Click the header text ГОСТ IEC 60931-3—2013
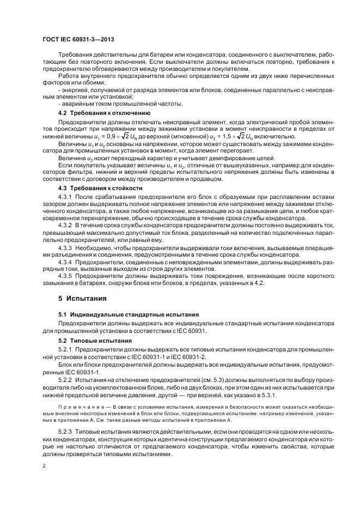(77, 40)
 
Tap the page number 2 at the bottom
(44, 466)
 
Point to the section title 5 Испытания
(82, 299)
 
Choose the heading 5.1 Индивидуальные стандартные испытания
(120, 315)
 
